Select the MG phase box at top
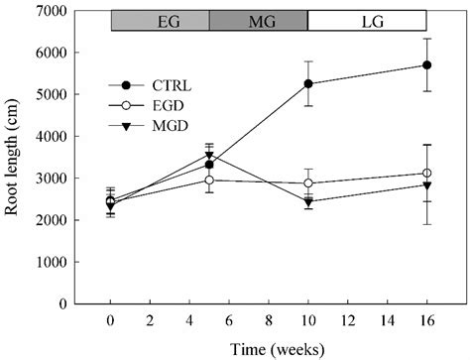coord(259,21)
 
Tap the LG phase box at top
coord(367,21)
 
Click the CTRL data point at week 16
coord(426,65)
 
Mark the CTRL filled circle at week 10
coord(308,84)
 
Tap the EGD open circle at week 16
coord(426,174)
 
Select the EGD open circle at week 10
coord(308,183)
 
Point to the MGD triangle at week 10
coord(308,202)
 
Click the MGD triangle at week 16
coord(426,185)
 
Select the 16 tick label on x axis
coord(426,320)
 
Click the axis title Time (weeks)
coord(268,347)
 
